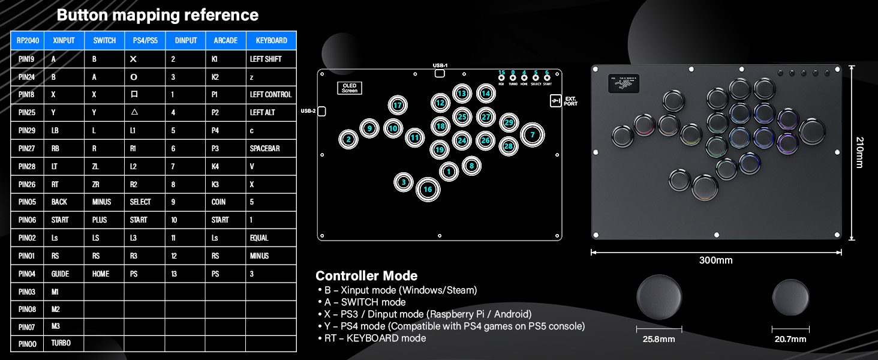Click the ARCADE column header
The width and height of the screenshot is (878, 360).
point(226,41)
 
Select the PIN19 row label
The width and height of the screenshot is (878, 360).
point(27,59)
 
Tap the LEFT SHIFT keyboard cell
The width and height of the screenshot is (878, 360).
point(266,59)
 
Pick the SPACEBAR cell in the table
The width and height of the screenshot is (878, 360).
point(264,148)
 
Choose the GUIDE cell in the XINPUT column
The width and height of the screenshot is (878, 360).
point(60,274)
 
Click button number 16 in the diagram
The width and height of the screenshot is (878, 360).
point(428,189)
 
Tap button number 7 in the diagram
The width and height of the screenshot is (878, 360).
point(532,135)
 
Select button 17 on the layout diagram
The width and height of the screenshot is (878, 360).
point(397,106)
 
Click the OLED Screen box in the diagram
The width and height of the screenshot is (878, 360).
point(349,88)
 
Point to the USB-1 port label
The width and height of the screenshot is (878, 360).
point(440,65)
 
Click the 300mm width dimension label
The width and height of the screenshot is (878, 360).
point(715,260)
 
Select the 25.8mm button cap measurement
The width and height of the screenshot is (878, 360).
point(659,339)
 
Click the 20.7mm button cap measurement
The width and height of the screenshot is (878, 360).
point(790,339)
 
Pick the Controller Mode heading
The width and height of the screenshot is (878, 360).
point(366,276)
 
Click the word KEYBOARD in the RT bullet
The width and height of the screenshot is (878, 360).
point(371,338)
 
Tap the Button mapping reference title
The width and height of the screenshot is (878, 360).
point(158,15)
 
